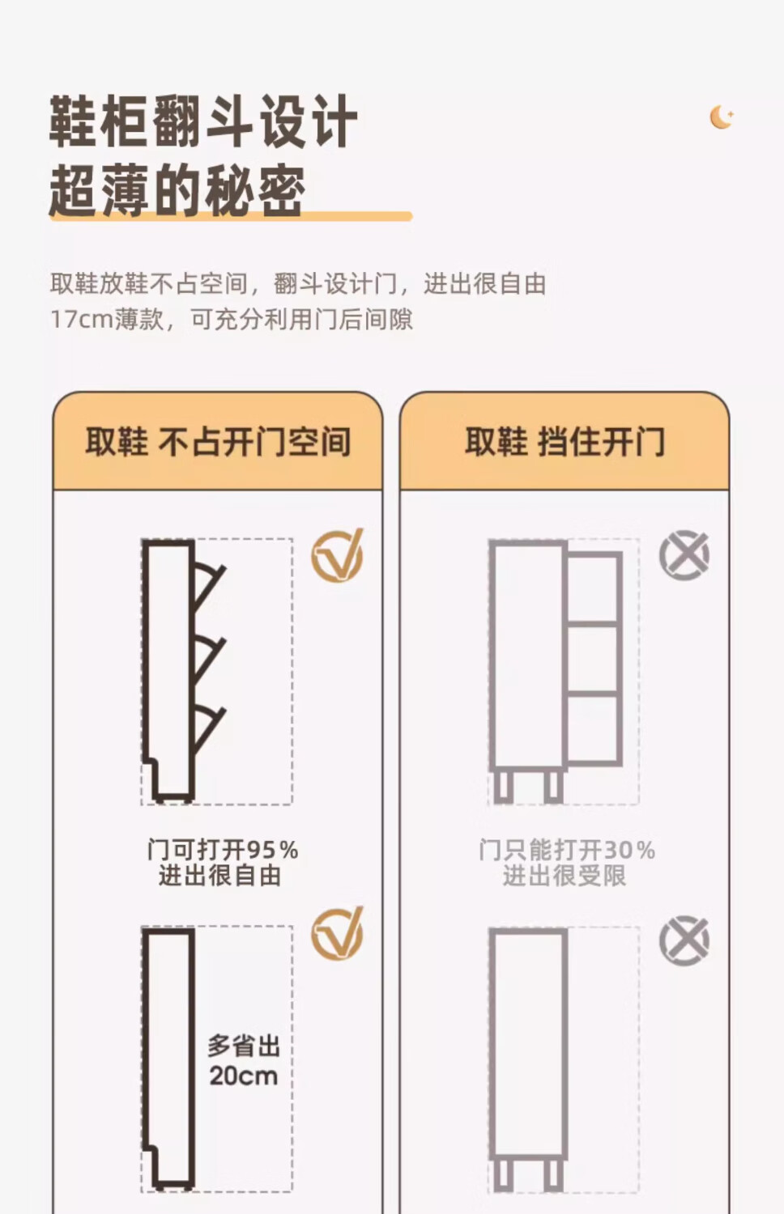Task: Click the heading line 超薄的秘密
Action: click(177, 189)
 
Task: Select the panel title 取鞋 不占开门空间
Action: click(218, 441)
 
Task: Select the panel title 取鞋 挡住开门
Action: click(565, 441)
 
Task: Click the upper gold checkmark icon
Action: click(338, 555)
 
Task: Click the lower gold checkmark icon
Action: click(338, 933)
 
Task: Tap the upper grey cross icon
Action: click(684, 555)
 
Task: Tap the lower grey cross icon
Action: click(684, 940)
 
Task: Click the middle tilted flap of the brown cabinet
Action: click(210, 660)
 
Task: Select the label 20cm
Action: click(244, 1076)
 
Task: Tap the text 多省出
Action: click(244, 1046)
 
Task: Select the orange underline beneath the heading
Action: click(231, 216)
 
